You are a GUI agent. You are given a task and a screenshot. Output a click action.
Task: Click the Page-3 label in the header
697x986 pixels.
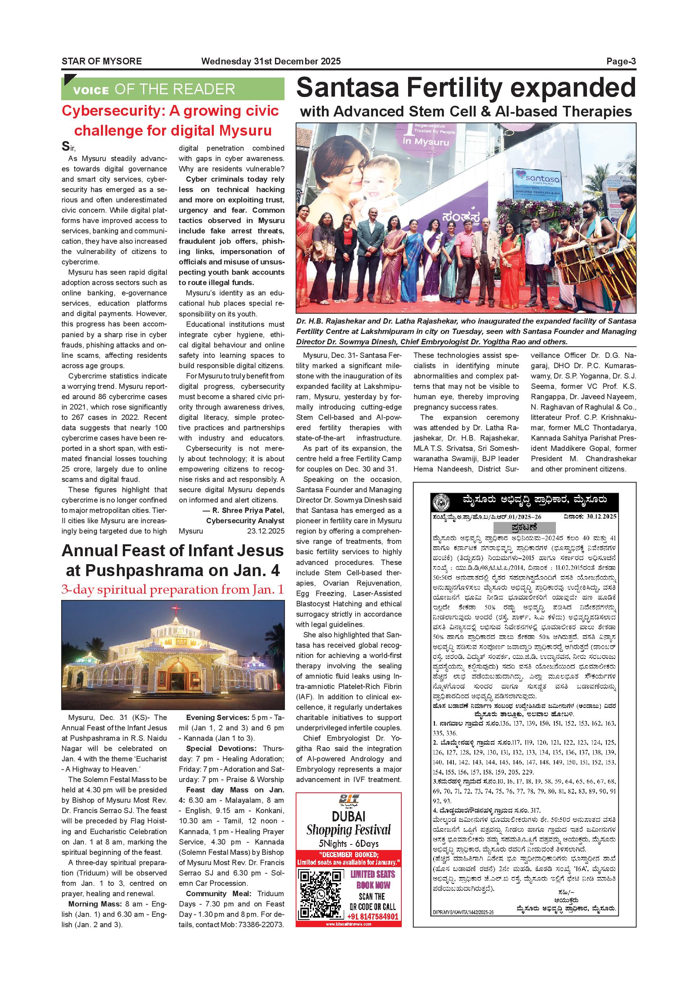[x=621, y=61]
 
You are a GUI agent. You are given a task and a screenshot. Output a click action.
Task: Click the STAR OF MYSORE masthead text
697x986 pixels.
[x=102, y=61]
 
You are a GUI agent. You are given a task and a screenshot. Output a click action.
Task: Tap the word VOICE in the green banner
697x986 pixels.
[x=91, y=90]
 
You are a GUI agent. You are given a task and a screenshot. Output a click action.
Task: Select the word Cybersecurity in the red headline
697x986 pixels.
[x=113, y=111]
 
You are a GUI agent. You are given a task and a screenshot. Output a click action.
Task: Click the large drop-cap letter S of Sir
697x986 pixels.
[x=65, y=146]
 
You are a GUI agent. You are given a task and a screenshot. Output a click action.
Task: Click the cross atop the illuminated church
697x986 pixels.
[x=176, y=609]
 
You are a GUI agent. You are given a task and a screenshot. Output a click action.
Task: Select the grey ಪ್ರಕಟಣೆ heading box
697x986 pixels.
[x=525, y=527]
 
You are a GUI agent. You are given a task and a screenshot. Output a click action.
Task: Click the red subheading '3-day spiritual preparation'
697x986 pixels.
[x=172, y=590]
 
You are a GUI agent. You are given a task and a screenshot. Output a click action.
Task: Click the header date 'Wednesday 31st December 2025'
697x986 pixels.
[x=271, y=61]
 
